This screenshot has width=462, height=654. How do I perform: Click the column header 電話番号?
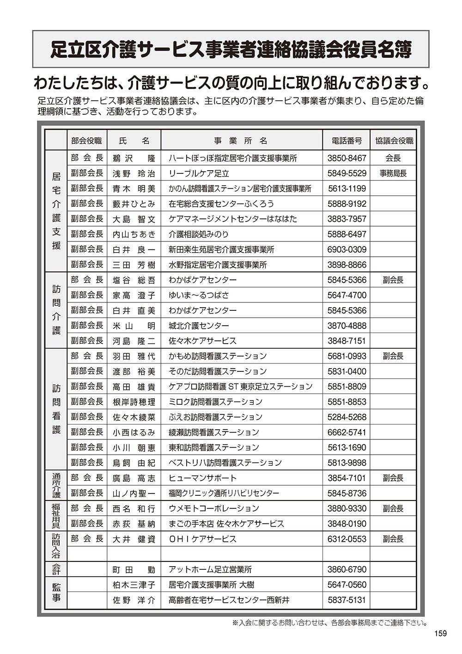pyautogui.click(x=346, y=141)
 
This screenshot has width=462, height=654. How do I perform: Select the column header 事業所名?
pyautogui.click(x=241, y=141)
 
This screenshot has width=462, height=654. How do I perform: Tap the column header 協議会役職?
pyautogui.click(x=394, y=141)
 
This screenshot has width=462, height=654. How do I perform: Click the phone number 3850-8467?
pyautogui.click(x=346, y=158)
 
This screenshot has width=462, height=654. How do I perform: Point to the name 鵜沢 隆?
pyautogui.click(x=134, y=158)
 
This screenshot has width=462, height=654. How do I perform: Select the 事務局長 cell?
pyautogui.click(x=393, y=173)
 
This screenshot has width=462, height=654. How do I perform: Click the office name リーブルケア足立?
pyautogui.click(x=199, y=173)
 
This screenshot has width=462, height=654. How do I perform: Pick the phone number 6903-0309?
pyautogui.click(x=346, y=250)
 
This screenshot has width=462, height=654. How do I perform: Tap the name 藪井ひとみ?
pyautogui.click(x=134, y=204)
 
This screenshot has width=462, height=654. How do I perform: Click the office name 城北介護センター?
pyautogui.click(x=199, y=326)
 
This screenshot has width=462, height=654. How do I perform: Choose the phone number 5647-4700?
pyautogui.click(x=346, y=295)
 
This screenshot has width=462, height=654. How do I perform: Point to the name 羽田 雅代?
pyautogui.click(x=134, y=356)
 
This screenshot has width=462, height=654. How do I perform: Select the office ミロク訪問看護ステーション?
pyautogui.click(x=215, y=402)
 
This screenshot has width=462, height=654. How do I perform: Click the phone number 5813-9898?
pyautogui.click(x=346, y=463)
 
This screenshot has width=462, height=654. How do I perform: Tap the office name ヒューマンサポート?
pyautogui.click(x=202, y=478)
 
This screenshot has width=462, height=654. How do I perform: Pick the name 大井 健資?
pyautogui.click(x=134, y=539)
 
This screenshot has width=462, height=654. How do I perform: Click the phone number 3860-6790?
pyautogui.click(x=346, y=570)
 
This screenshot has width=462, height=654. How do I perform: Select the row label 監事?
pyautogui.click(x=56, y=592)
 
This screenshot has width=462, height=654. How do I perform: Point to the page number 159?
pyautogui.click(x=441, y=634)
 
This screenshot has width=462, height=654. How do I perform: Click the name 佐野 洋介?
pyautogui.click(x=134, y=600)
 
